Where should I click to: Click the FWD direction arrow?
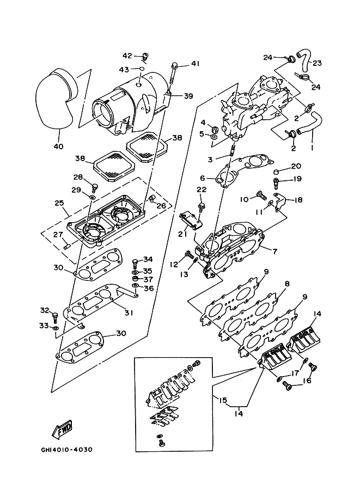pos(63,429)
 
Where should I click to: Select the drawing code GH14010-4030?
pos(66,450)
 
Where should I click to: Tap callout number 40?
pos(58,146)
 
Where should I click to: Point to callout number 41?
pos(194,64)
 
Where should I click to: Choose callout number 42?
pos(127,56)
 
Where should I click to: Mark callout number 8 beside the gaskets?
pos(286,284)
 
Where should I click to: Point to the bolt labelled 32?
pos(54,316)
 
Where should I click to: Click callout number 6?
pos(203,178)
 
